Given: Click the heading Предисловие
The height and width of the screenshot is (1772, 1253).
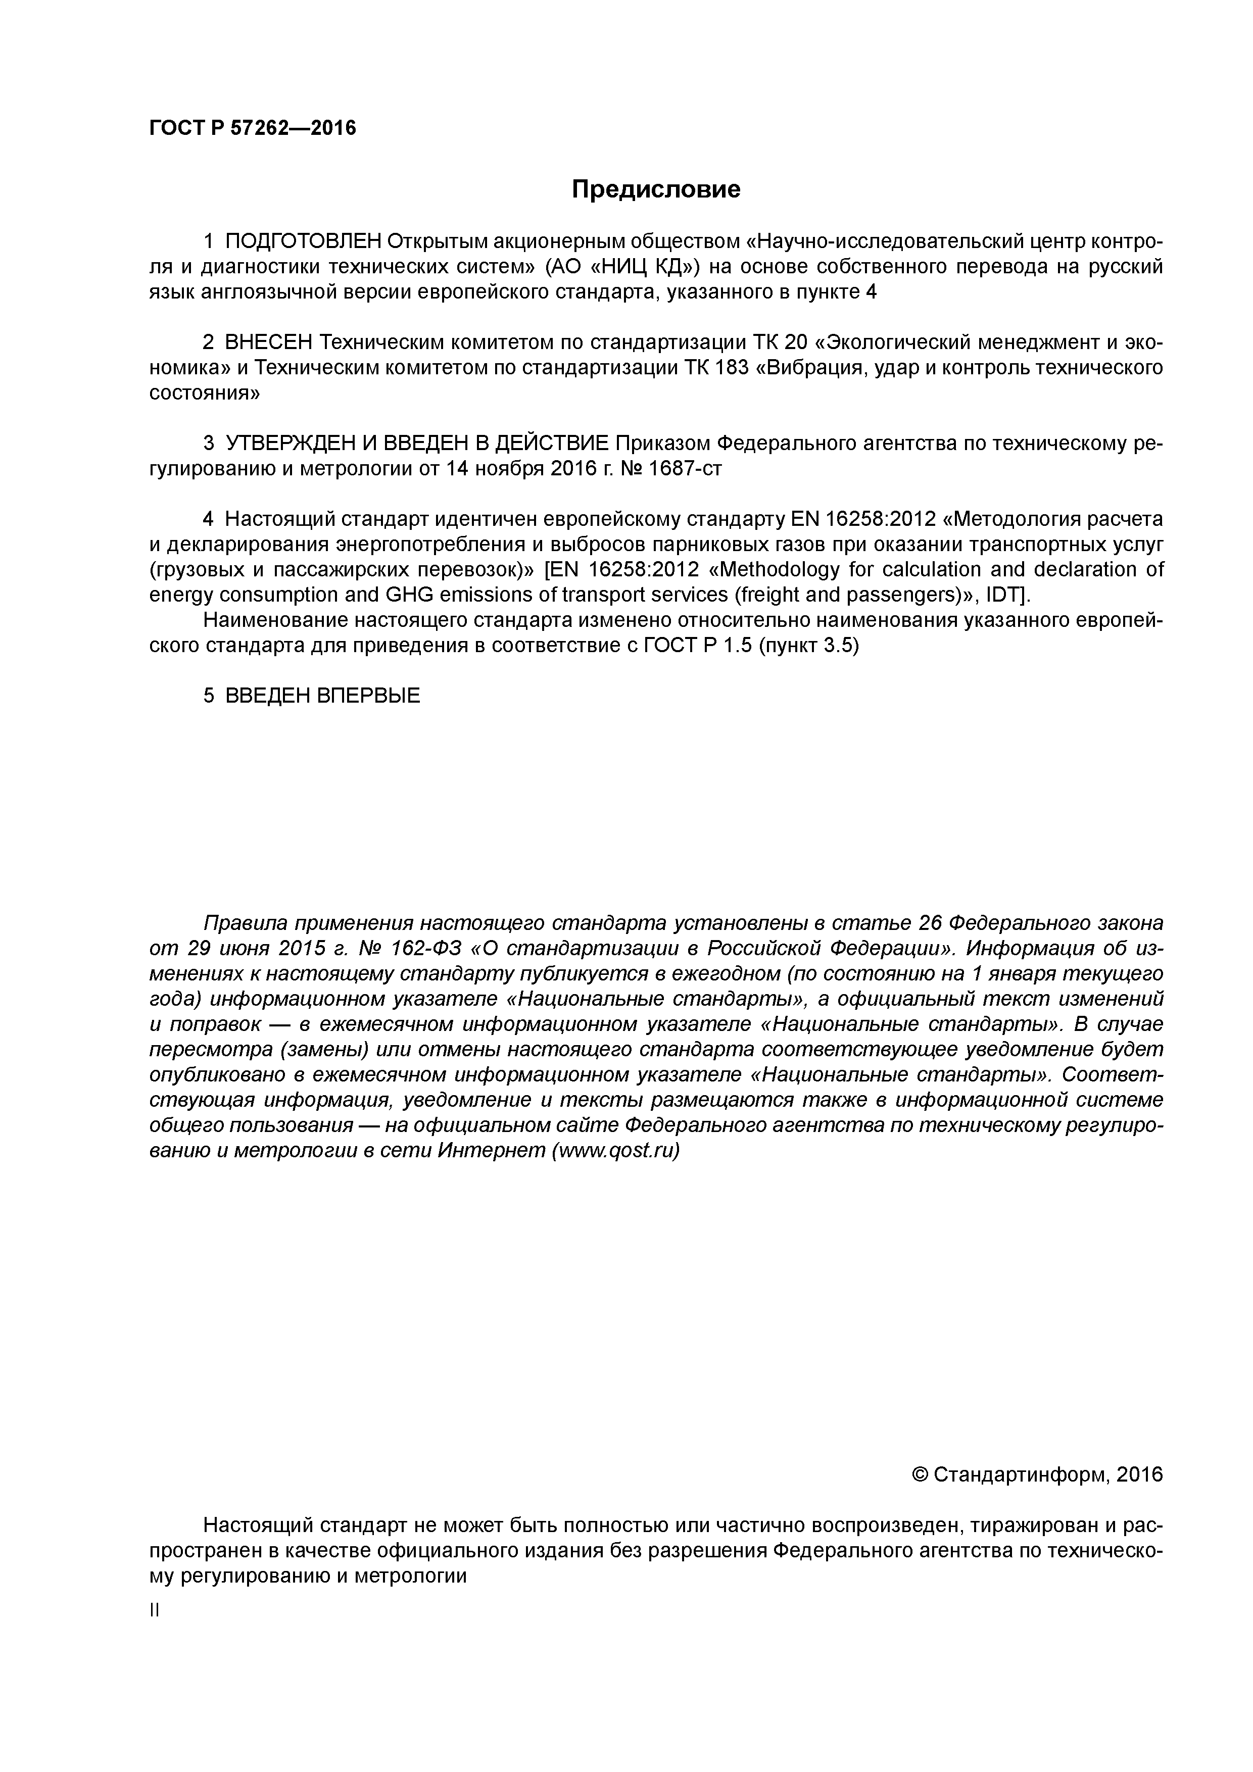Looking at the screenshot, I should [x=655, y=189].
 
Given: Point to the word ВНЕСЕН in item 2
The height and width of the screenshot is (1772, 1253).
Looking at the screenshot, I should [x=268, y=342].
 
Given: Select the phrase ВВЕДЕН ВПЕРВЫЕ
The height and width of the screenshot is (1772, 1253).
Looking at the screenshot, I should [x=323, y=696].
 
